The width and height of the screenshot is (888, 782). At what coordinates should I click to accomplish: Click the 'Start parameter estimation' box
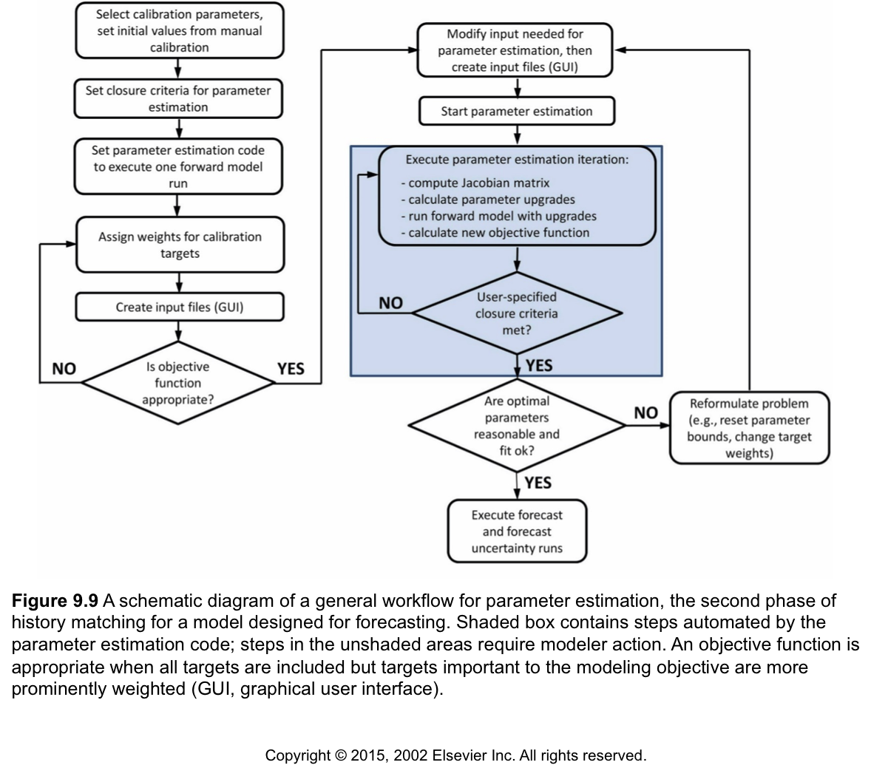[516, 112]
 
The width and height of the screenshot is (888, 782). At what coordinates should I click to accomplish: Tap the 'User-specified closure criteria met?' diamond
[517, 313]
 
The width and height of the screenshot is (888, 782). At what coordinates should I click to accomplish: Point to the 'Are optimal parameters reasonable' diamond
[517, 426]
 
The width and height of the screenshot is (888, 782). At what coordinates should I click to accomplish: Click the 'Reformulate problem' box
[749, 428]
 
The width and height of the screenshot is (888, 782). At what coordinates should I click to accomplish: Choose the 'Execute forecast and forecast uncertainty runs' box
[517, 531]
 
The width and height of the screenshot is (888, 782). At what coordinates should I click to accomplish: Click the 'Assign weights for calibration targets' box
[180, 245]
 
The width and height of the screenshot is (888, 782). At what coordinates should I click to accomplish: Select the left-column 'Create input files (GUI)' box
[180, 307]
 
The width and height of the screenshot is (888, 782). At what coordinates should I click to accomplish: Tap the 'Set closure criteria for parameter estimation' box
[180, 98]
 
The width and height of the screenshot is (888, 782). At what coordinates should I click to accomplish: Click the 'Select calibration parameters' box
[180, 31]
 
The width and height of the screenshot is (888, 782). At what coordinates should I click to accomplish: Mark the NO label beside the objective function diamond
[64, 370]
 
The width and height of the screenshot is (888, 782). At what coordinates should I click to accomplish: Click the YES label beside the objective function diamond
[291, 370]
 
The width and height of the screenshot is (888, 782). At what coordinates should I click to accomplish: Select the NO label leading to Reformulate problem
[645, 413]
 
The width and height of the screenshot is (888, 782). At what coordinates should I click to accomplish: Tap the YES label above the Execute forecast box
[538, 483]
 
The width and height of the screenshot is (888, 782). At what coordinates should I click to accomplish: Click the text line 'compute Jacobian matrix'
[475, 183]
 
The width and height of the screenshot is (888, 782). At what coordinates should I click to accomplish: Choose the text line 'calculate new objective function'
[495, 232]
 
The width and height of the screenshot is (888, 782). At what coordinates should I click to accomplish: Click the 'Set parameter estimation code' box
[180, 167]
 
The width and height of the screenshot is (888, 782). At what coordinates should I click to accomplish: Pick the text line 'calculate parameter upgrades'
[488, 200]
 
